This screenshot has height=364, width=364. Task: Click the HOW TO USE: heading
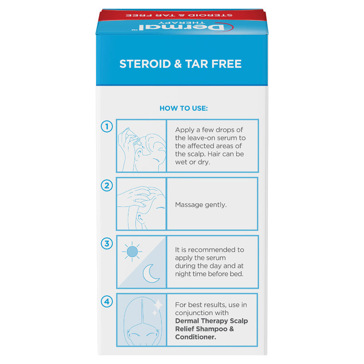click(183, 108)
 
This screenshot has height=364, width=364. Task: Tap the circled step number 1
click(106, 126)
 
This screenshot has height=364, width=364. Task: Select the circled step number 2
click(106, 185)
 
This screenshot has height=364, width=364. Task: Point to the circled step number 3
click(106, 243)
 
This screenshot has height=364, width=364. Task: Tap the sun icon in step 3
click(132, 251)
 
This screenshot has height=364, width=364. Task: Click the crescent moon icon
click(152, 273)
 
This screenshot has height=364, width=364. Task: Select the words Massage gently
click(201, 205)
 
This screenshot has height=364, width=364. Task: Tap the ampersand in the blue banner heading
click(177, 63)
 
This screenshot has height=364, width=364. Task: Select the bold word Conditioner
click(196, 337)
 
